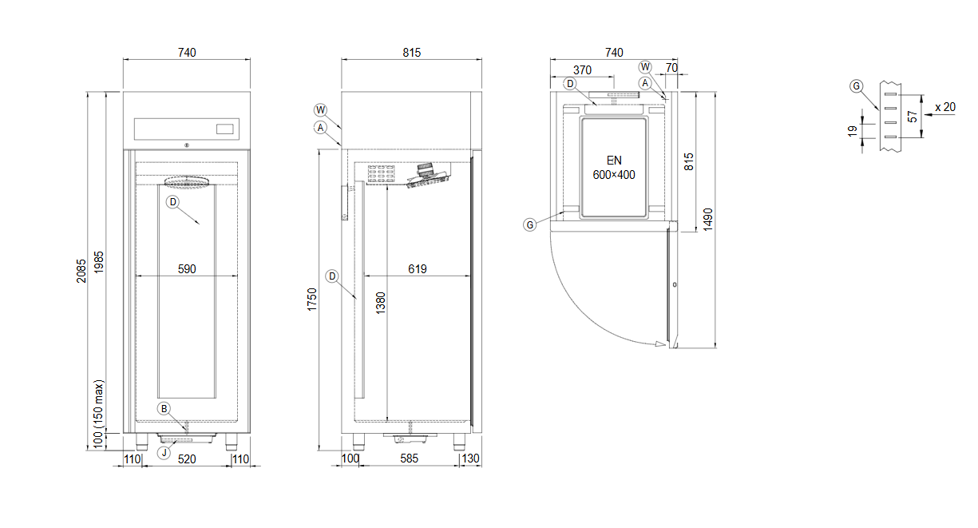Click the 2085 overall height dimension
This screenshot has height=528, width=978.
click(x=81, y=271)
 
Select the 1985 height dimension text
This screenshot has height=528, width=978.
click(x=99, y=262)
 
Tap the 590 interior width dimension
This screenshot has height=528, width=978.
click(x=187, y=269)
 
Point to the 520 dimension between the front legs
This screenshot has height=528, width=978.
click(x=187, y=459)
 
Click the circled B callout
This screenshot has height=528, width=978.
click(x=164, y=409)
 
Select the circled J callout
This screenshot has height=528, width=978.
click(x=164, y=452)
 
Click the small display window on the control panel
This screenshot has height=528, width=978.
click(x=225, y=129)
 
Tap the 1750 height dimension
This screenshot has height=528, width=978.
click(x=311, y=300)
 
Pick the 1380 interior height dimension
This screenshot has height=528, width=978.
click(x=381, y=303)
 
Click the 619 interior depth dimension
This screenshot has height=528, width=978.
click(x=418, y=269)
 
